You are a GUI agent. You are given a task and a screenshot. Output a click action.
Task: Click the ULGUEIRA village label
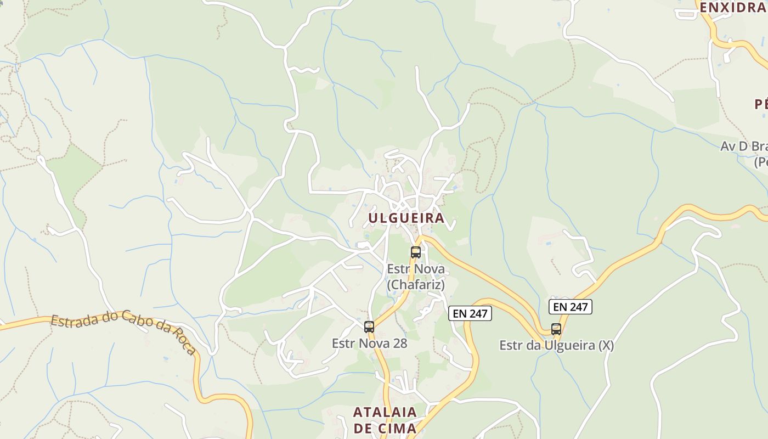coord(406,218)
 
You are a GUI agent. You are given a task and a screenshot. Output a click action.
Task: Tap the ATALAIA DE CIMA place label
coord(385,420)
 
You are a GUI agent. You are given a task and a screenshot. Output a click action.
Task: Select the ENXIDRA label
coord(732,8)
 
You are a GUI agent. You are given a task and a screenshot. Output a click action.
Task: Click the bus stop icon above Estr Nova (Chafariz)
coord(416,252)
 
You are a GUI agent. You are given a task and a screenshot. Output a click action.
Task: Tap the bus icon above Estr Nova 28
coord(369,327)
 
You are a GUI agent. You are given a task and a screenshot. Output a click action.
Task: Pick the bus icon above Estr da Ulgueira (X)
coord(556,329)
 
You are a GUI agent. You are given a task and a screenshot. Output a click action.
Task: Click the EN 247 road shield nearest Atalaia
coord(470,313)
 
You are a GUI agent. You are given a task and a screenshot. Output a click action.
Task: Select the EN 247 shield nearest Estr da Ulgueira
coord(571,307)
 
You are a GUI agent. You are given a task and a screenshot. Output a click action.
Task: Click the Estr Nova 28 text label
coord(369,344)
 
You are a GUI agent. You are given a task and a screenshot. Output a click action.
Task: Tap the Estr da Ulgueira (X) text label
coord(556,346)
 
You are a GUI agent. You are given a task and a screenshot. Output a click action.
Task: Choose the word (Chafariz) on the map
coord(416,285)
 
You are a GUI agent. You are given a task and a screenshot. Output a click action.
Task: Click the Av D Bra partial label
coord(744,147)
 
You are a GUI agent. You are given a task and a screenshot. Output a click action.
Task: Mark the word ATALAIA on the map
coord(385,412)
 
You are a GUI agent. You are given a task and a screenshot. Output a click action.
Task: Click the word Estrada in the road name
coord(75,320)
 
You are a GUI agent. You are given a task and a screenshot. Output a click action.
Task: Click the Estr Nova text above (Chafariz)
coord(416,269)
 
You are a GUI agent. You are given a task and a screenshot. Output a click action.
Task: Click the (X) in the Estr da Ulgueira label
coord(606,346)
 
